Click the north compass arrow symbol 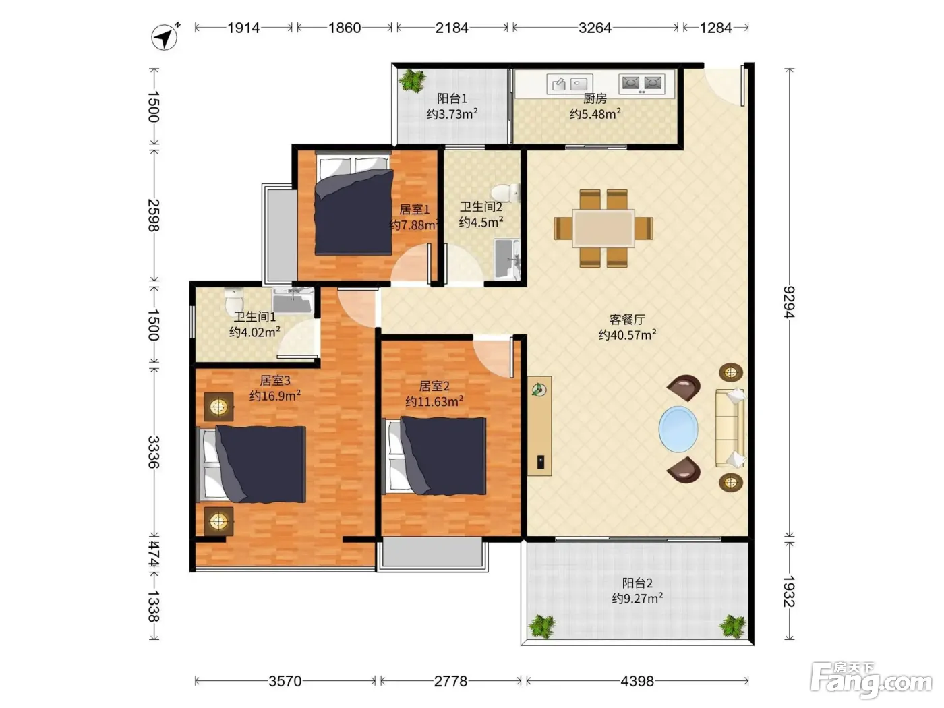[165, 37]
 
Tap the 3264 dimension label [595, 28]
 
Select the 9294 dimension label [789, 302]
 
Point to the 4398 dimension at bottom [637, 681]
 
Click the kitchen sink [569, 84]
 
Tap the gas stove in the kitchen [642, 84]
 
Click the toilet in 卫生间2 [506, 194]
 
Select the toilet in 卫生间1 [234, 300]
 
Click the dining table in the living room [603, 229]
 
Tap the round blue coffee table [678, 429]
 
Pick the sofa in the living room [730, 428]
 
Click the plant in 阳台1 [413, 80]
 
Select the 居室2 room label [434, 386]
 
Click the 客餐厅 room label [627, 320]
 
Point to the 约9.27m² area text [637, 598]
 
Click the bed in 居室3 [251, 465]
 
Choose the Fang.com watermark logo [871, 680]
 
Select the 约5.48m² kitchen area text [595, 114]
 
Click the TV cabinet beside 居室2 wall [539, 426]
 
